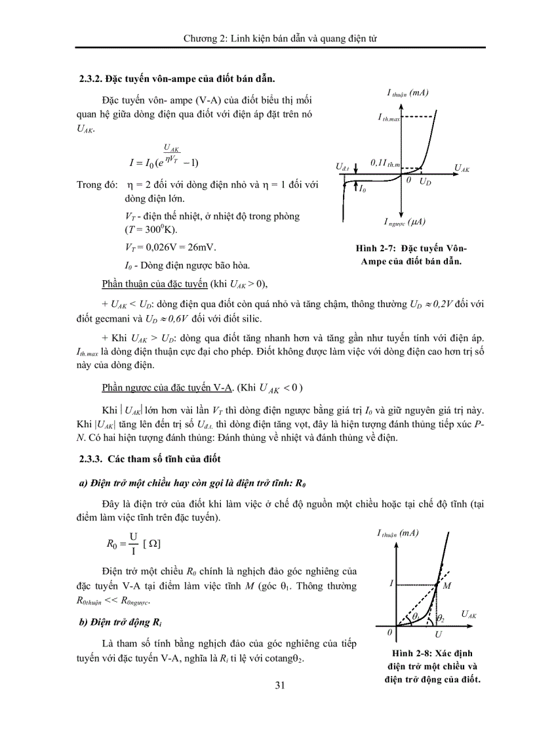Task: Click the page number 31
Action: pyautogui.click(x=280, y=686)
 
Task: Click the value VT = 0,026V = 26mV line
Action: pyautogui.click(x=169, y=247)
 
